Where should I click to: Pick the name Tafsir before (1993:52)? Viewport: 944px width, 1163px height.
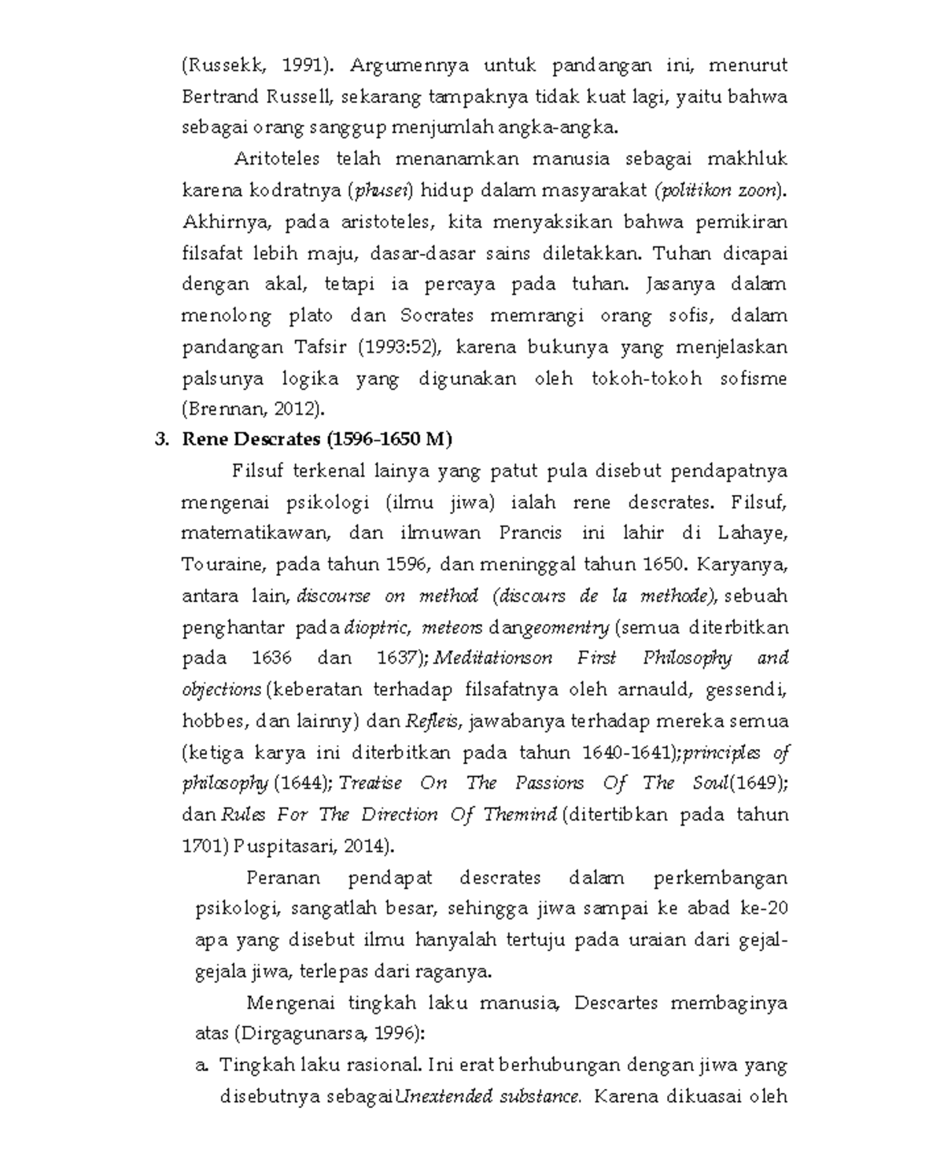pos(323,347)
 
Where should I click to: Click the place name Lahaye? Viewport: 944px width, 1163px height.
pos(751,534)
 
